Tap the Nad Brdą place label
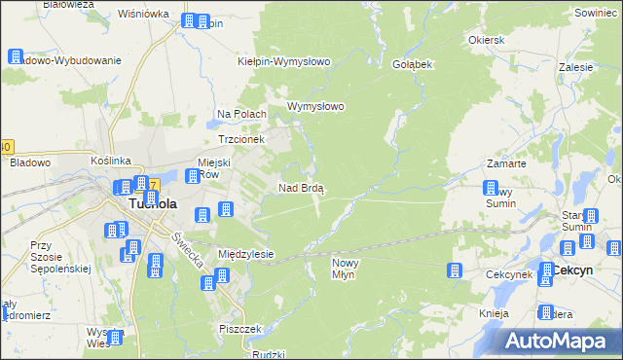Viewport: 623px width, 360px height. point(302,188)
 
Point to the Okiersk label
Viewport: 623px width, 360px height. point(486,41)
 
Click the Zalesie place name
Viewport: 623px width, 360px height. point(576,68)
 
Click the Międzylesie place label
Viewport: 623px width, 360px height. point(246,254)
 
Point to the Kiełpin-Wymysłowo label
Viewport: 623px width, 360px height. point(285,61)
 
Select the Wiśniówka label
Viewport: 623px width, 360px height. point(143,15)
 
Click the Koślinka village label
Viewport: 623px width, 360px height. point(110,160)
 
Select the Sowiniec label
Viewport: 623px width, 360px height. point(596,15)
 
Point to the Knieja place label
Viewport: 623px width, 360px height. point(495,314)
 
